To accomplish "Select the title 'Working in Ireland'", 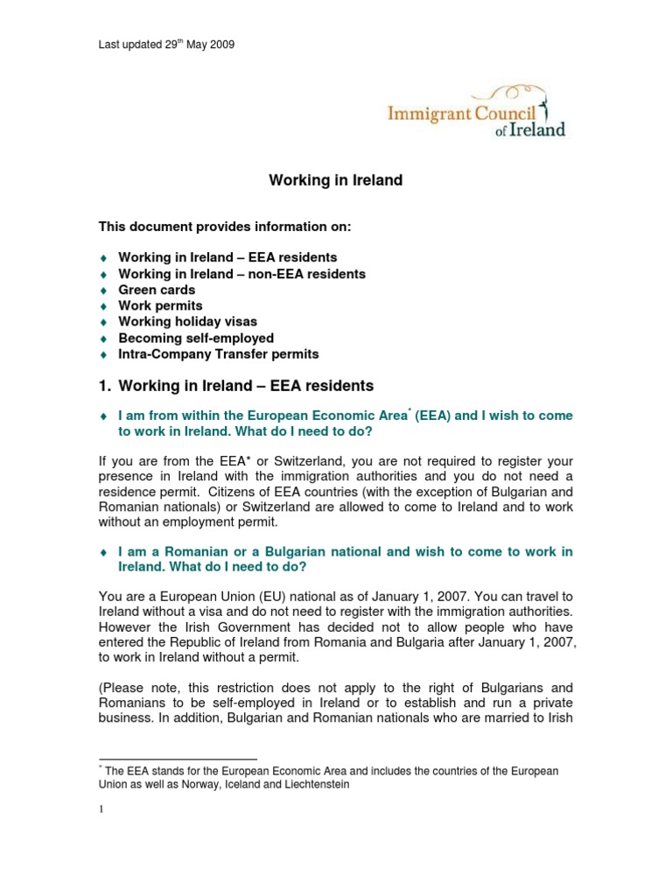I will [335, 181].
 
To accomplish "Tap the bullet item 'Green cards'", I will [157, 290].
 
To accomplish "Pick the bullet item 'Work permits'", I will [160, 305].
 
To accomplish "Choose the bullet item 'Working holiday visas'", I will [188, 322].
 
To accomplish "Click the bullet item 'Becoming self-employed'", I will [196, 338].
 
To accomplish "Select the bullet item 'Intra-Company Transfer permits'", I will [219, 354].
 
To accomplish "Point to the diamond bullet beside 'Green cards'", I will [103, 290].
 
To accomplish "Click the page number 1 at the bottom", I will [101, 809].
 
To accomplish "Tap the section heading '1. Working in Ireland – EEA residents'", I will [236, 386].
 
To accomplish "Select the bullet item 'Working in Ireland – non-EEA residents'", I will [242, 274].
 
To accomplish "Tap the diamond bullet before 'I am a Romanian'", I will [103, 552].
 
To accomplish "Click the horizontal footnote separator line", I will [178, 759].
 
